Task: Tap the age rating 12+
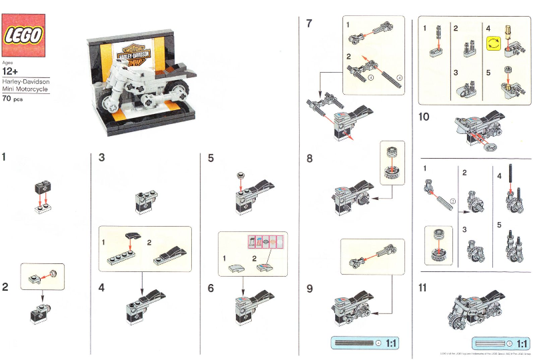click(11, 70)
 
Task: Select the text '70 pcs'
click(14, 98)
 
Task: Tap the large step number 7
click(309, 24)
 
